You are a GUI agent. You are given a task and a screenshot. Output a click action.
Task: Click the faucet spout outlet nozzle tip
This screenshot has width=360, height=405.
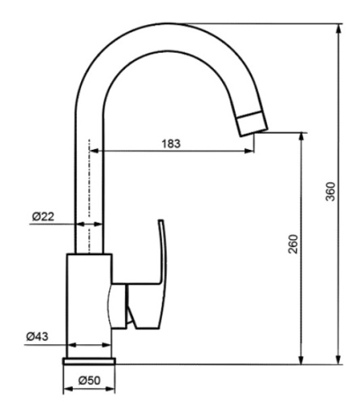click(251, 123)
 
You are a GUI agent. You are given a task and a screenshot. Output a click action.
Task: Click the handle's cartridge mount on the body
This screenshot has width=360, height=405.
click(120, 303)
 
